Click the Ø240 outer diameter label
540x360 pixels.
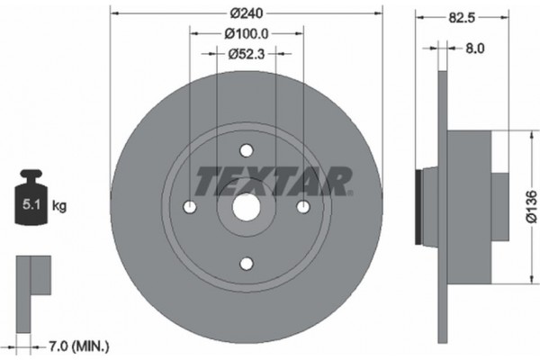pyautogui.click(x=246, y=13)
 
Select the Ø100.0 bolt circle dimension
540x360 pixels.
pyautogui.click(x=246, y=33)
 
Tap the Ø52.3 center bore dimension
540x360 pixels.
pyautogui.click(x=246, y=53)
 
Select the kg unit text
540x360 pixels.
pyautogui.click(x=60, y=206)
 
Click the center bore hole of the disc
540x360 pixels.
pyautogui.click(x=246, y=207)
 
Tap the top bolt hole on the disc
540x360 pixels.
pyautogui.click(x=246, y=151)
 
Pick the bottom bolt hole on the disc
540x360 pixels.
pyautogui.click(x=246, y=263)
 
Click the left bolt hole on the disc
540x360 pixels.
pyautogui.click(x=189, y=207)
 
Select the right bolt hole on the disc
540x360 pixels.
pyautogui.click(x=302, y=207)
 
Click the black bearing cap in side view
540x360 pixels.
pyautogui.click(x=418, y=206)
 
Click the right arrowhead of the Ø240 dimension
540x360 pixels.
pyautogui.click(x=377, y=13)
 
